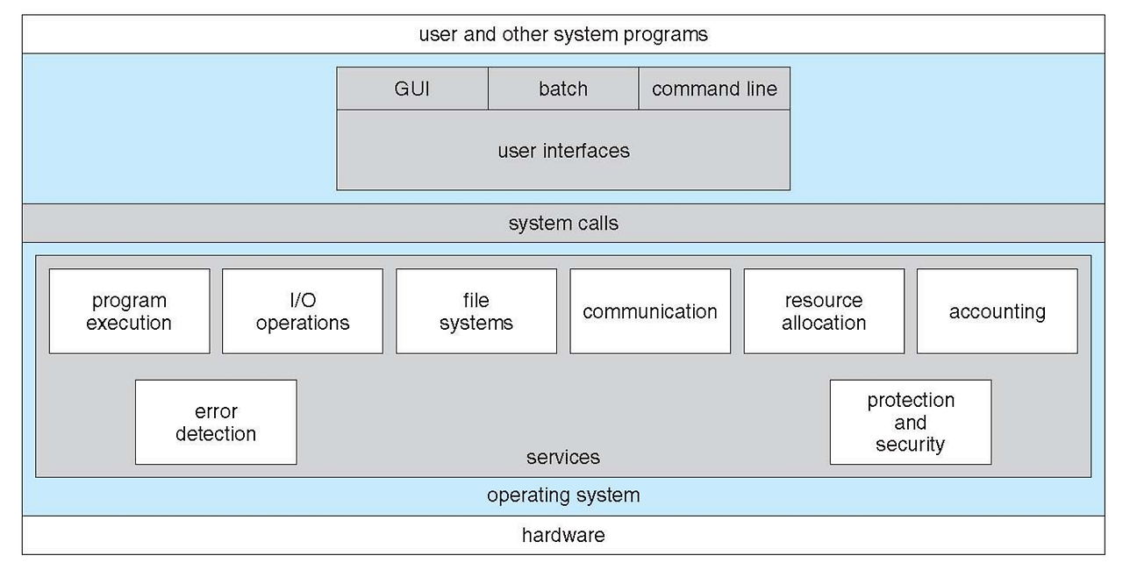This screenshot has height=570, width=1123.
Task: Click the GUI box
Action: (412, 89)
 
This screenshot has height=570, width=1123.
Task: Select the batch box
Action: (563, 89)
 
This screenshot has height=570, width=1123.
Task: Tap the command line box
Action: (714, 89)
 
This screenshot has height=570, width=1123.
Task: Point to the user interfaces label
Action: (563, 151)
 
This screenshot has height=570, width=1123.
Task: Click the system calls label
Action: (563, 224)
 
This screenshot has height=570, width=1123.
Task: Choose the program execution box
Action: (129, 311)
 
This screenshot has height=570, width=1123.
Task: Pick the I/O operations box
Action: (303, 311)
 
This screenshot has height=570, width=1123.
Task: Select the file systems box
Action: (476, 311)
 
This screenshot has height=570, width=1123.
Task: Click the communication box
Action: (650, 311)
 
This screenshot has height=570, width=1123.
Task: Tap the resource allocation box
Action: (824, 311)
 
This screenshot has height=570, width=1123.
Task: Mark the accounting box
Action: (998, 311)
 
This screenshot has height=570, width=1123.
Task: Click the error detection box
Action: (216, 423)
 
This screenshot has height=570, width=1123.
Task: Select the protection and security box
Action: (911, 423)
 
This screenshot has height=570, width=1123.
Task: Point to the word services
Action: (563, 457)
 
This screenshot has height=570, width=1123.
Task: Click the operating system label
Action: (563, 495)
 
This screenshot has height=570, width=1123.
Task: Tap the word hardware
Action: (563, 536)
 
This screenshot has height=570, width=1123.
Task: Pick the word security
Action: (911, 445)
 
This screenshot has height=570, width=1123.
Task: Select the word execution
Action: (129, 323)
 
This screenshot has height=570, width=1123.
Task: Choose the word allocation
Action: (824, 323)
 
